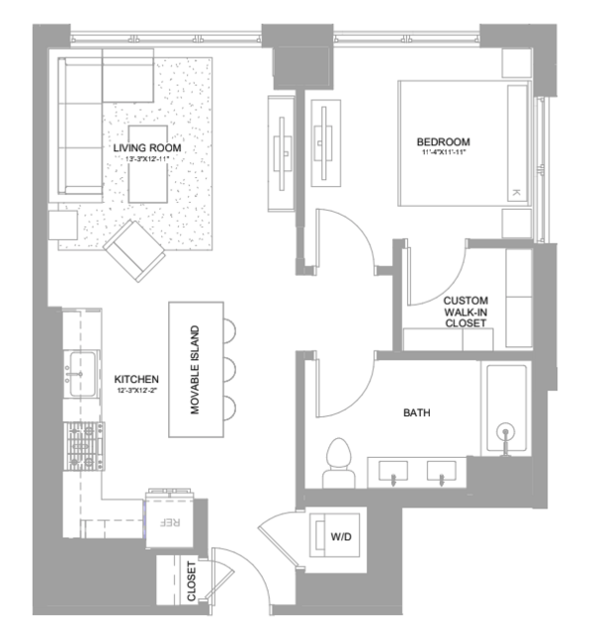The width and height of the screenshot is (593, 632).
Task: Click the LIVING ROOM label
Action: point(147,148)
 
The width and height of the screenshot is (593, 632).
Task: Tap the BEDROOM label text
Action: point(443,141)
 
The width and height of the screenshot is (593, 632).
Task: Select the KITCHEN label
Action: point(136,379)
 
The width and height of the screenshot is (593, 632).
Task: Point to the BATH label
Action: point(417,412)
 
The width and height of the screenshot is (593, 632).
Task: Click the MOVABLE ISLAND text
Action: point(195,370)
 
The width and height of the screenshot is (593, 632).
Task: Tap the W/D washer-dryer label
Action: point(341,536)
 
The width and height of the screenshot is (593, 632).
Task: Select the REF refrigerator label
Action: point(170,522)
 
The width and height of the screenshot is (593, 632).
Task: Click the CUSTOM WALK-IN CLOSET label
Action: point(466,312)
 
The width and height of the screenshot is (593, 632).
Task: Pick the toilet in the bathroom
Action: point(338,463)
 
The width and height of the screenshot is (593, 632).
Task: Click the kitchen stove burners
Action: point(84,446)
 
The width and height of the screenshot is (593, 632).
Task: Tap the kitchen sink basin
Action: point(83,374)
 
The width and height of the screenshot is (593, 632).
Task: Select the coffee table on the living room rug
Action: point(148,164)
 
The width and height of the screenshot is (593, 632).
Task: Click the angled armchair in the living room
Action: point(134,250)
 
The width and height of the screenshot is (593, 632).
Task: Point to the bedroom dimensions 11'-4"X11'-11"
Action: point(444,152)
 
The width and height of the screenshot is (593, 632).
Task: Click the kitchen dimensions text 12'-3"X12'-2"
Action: point(136,390)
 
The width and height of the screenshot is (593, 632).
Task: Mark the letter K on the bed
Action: point(516,193)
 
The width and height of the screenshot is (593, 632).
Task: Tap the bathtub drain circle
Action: point(505,431)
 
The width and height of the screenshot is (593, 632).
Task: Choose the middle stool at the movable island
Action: point(229,369)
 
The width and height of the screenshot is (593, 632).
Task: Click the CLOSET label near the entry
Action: point(192,581)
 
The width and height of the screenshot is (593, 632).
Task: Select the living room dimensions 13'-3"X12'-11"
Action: point(146,159)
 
